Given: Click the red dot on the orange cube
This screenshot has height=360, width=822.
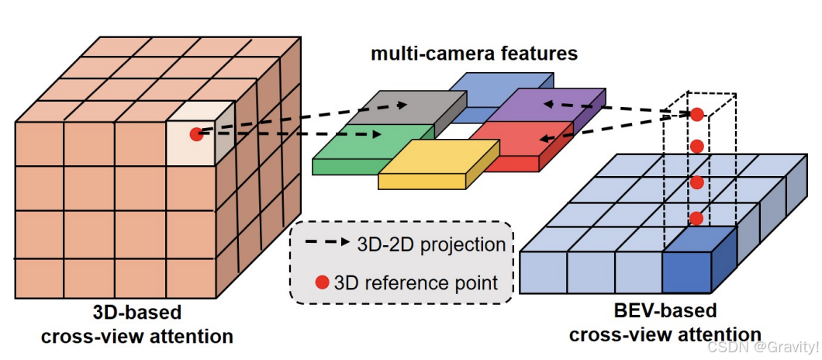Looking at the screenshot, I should tap(195, 133).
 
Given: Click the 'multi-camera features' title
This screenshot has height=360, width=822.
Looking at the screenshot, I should tap(474, 54).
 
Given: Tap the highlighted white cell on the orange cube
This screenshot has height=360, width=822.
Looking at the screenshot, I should tap(192, 141).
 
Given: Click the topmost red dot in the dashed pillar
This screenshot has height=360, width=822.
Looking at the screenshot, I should tap(696, 115).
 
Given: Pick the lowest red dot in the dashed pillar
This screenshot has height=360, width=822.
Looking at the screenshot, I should tap(696, 218).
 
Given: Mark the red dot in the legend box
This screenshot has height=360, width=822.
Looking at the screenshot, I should tap(321, 282).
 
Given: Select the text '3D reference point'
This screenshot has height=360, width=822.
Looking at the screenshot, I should tap(416, 282).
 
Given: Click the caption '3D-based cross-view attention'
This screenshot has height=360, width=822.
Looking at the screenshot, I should tap(136, 324).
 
